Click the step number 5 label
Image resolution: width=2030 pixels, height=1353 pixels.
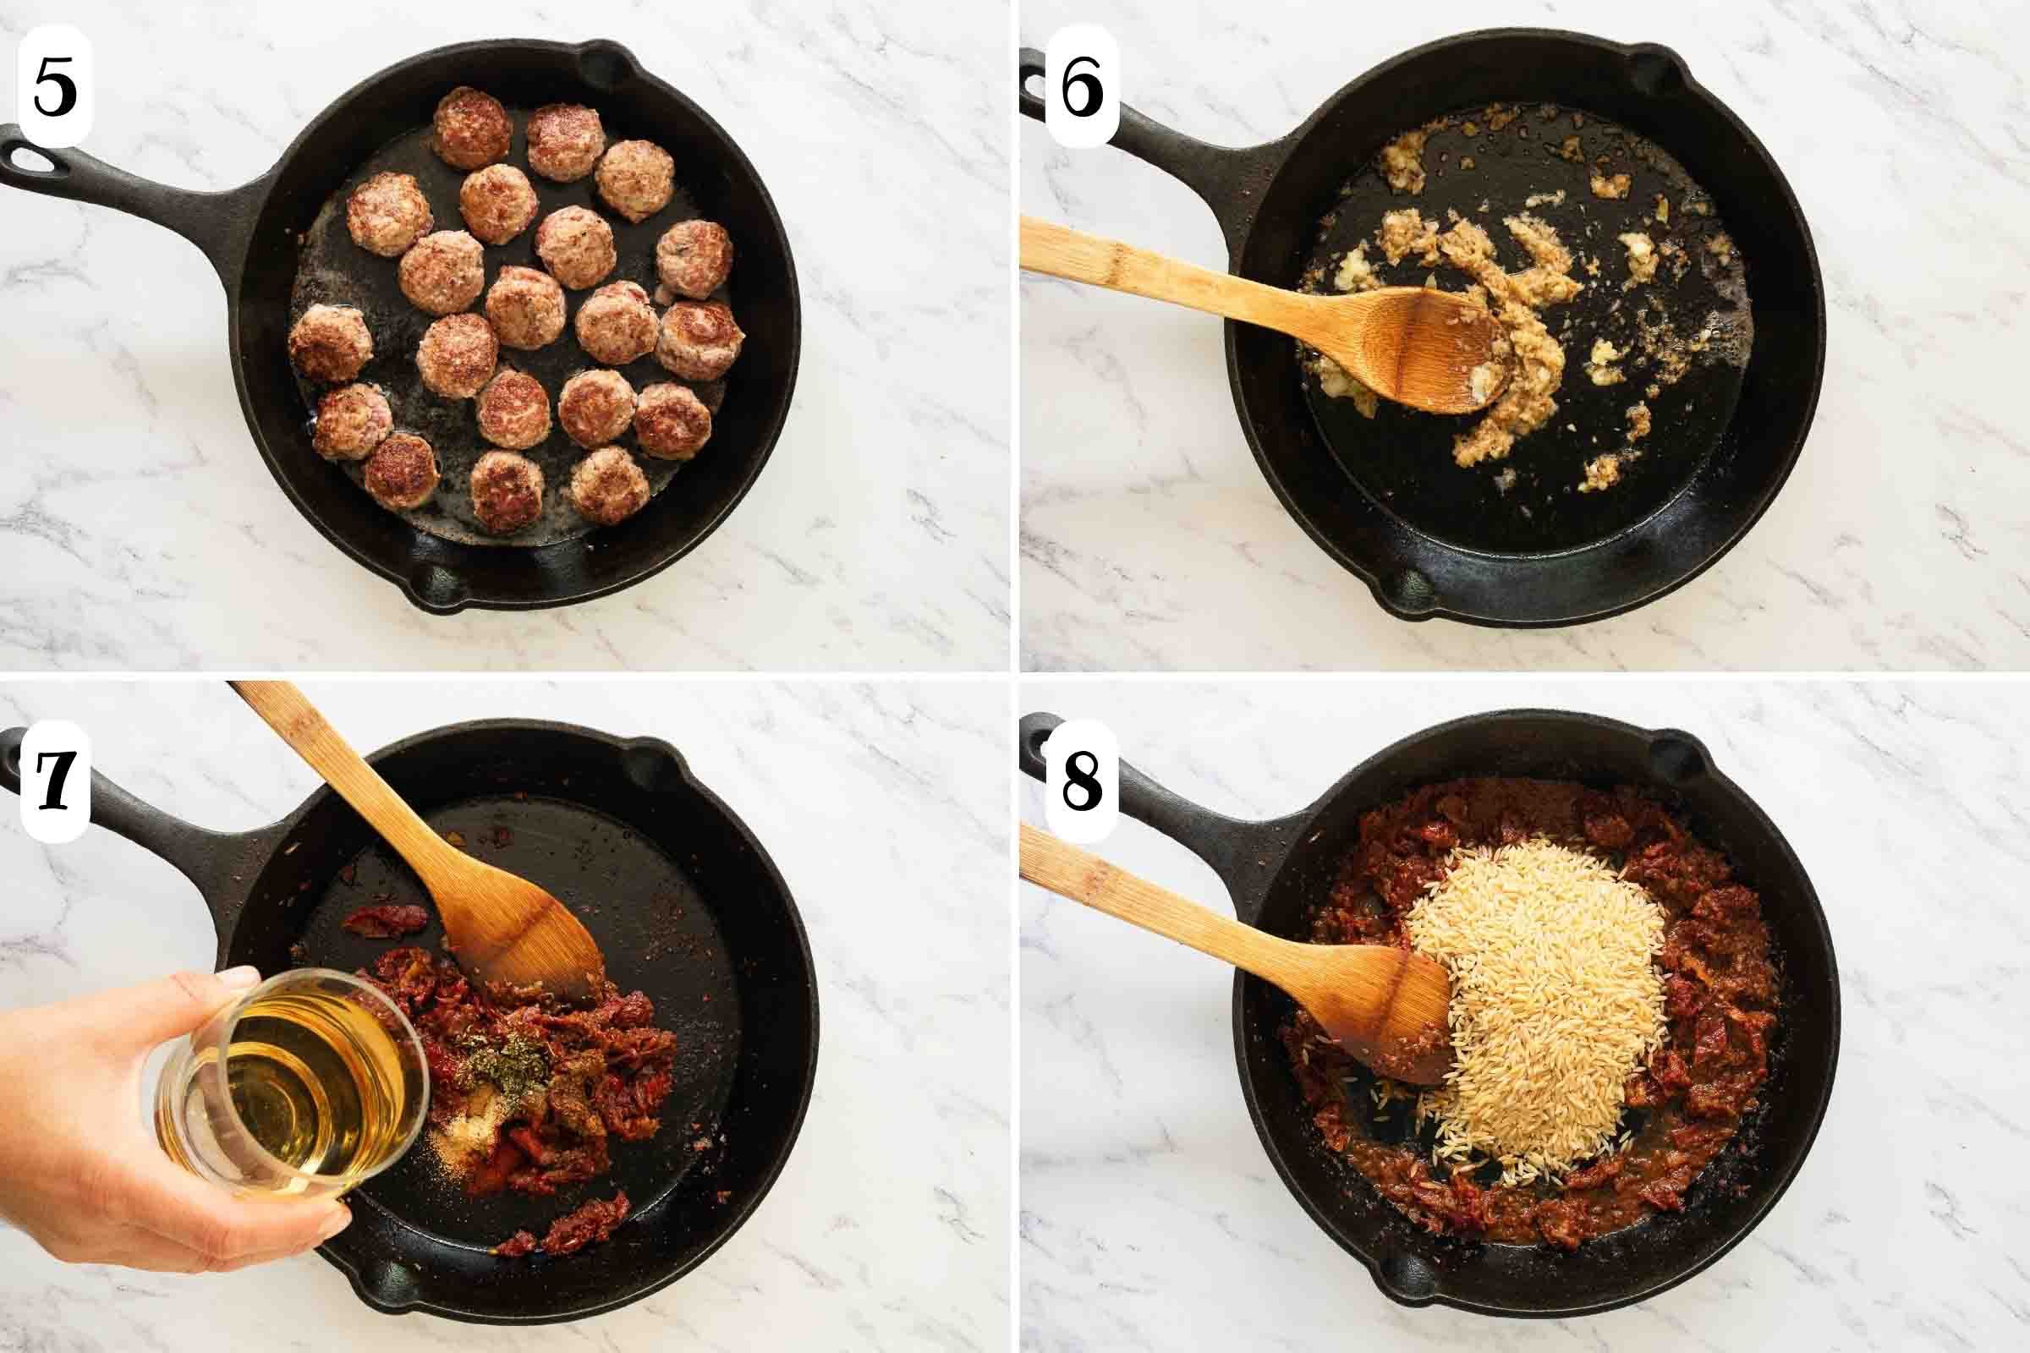(55, 86)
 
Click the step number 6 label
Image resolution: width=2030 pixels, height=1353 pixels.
(1082, 86)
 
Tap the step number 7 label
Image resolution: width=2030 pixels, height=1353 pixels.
(55, 781)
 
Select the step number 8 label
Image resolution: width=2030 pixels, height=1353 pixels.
(1082, 781)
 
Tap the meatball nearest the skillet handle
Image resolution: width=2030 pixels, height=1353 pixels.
(331, 343)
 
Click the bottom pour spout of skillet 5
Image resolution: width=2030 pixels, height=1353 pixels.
(440, 587)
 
